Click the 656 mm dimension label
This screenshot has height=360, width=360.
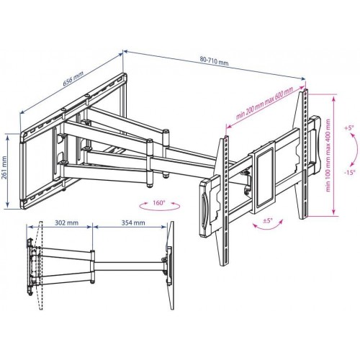73,78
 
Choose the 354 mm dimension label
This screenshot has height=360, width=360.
133,222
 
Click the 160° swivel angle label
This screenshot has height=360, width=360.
159,203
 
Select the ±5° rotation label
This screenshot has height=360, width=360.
268,220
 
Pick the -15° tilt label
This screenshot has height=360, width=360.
350,173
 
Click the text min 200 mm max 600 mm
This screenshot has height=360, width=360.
264,104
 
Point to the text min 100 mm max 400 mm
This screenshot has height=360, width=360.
328,156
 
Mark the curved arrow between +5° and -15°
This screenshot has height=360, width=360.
356,150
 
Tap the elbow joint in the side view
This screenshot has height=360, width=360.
92,266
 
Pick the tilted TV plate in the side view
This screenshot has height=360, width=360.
171,266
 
